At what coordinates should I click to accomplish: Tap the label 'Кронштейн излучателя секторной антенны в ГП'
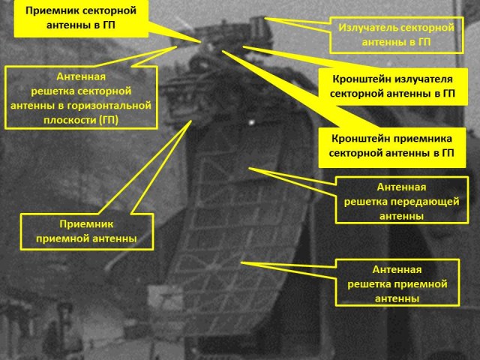388,86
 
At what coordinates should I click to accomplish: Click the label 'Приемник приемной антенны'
86,231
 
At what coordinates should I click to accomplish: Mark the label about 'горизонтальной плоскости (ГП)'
81,98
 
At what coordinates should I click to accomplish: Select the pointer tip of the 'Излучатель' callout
267,18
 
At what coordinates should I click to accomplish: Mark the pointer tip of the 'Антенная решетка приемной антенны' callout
241,262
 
